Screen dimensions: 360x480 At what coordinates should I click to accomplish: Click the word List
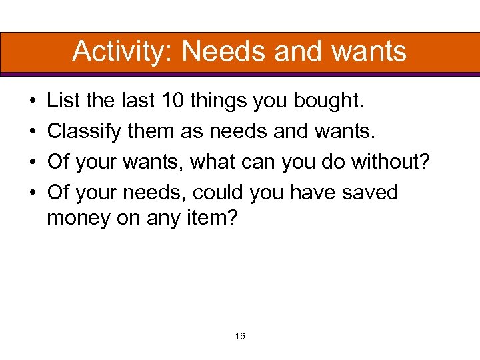click(x=63, y=102)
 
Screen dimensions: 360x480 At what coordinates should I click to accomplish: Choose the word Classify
click(x=85, y=132)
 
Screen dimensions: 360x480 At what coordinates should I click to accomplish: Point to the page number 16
click(x=240, y=336)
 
